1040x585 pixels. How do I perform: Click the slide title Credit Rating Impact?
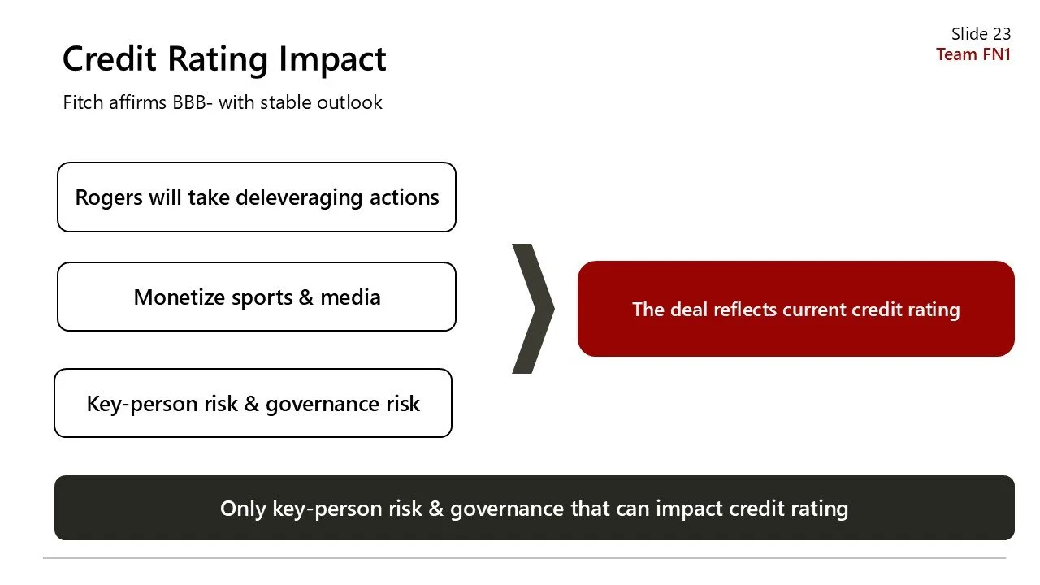[x=224, y=59]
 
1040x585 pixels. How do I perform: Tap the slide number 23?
[x=1001, y=34]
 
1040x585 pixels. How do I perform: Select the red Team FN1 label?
[x=973, y=54]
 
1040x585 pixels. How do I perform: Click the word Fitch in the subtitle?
[x=83, y=102]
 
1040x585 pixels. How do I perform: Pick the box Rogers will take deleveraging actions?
[x=257, y=197]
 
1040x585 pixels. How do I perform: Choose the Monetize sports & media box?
[x=257, y=297]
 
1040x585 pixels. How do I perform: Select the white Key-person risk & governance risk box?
[x=253, y=403]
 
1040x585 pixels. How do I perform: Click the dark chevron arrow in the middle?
[x=534, y=309]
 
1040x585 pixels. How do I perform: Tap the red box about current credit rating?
[x=795, y=309]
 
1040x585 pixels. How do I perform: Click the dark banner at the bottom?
[x=534, y=508]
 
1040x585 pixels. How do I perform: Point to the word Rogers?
[x=109, y=197]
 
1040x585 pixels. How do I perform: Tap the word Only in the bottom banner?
[x=243, y=509]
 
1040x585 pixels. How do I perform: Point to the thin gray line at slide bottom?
[x=524, y=558]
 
